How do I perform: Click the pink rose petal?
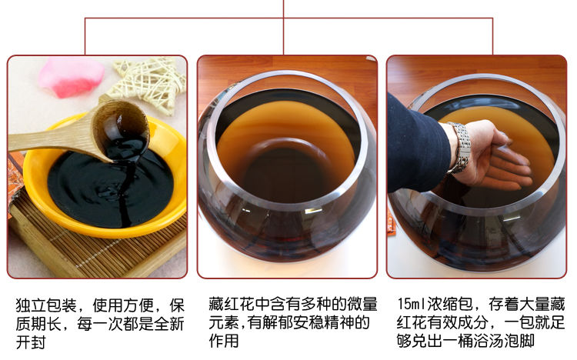point(71,77)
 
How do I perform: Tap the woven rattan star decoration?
point(148,83)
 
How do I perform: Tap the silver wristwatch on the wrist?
point(460,147)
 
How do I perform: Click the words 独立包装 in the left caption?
point(46,305)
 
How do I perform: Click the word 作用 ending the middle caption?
point(224,341)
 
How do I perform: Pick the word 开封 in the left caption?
point(31,342)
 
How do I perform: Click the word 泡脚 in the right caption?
point(519,341)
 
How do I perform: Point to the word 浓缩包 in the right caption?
point(450,304)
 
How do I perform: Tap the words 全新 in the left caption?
point(169,324)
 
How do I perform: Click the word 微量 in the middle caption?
point(362,304)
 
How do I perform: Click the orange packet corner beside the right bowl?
point(392,226)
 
